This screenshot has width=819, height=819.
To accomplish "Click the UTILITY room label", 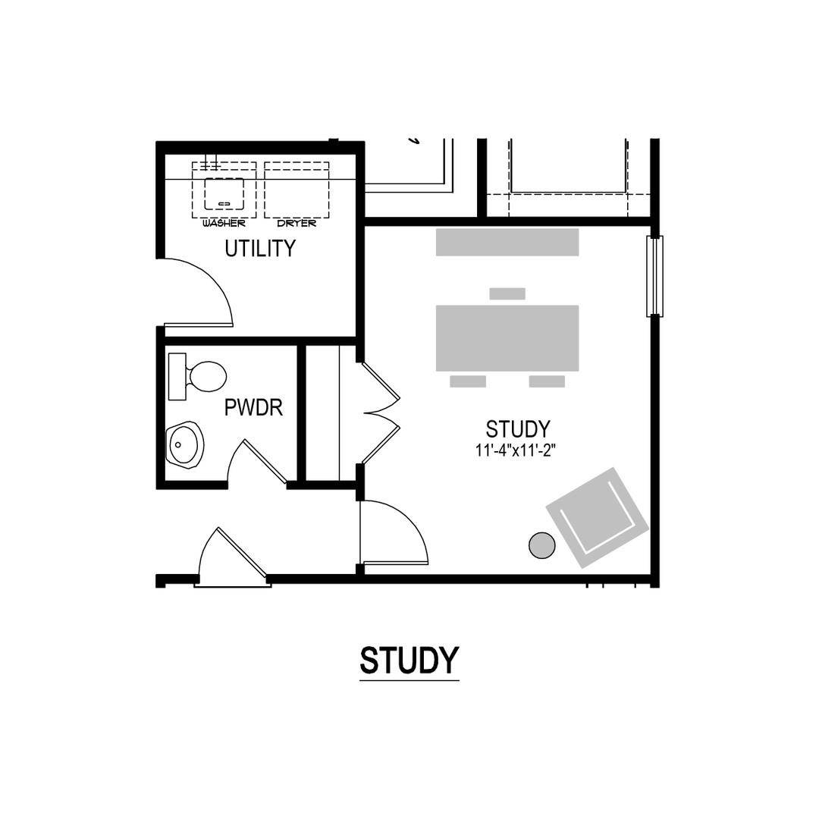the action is [260, 248].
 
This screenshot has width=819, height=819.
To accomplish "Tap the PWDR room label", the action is [253, 407].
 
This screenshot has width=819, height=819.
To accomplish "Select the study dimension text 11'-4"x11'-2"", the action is [514, 450].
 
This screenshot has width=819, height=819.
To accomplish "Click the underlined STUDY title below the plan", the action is [409, 661].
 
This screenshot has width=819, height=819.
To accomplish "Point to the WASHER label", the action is [224, 223].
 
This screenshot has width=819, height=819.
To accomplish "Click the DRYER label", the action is [297, 223].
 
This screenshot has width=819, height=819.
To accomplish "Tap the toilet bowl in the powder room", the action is [207, 376].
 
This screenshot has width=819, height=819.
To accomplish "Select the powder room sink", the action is [185, 444].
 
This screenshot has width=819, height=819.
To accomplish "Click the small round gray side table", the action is [542, 545].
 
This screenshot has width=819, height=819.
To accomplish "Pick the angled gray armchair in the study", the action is [598, 518].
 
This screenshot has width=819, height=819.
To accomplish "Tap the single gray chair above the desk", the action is [507, 293].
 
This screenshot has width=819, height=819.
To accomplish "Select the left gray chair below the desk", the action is [468, 381].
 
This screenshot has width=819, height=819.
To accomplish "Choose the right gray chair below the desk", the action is [547, 381].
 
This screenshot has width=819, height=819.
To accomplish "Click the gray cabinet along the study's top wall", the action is [507, 242].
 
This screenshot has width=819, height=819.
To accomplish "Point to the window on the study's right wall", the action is [655, 276].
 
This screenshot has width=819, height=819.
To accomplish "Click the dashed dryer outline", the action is [297, 190].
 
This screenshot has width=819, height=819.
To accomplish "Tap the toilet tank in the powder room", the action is [177, 376].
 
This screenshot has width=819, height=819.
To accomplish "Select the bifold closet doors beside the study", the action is [380, 413].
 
